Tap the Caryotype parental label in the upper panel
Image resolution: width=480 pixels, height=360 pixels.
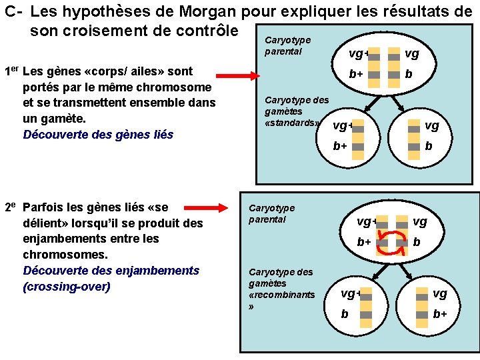point(287,45)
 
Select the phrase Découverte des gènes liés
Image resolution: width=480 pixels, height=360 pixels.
point(98,134)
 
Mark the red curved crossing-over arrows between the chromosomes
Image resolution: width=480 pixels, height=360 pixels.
point(392,242)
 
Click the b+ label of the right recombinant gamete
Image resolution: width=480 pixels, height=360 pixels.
point(440,313)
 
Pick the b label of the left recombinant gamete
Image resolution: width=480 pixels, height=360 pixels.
point(344,313)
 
